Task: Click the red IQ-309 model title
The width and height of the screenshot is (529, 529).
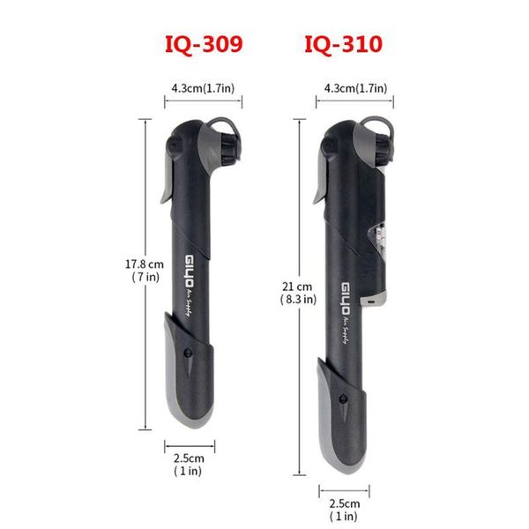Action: pos(204,44)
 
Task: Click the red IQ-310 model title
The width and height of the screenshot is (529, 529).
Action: pos(344,44)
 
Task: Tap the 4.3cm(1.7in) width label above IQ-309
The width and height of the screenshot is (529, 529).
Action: pos(203,88)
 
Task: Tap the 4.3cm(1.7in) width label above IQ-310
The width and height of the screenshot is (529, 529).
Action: pos(355,88)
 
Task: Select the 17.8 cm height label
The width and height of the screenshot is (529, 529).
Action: pos(145,264)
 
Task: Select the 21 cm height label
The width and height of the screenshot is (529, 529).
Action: pos(297,287)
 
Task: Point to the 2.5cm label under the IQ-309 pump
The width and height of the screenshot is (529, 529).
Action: pos(189,458)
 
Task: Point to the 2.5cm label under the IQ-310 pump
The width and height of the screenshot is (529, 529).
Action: pos(345,503)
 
